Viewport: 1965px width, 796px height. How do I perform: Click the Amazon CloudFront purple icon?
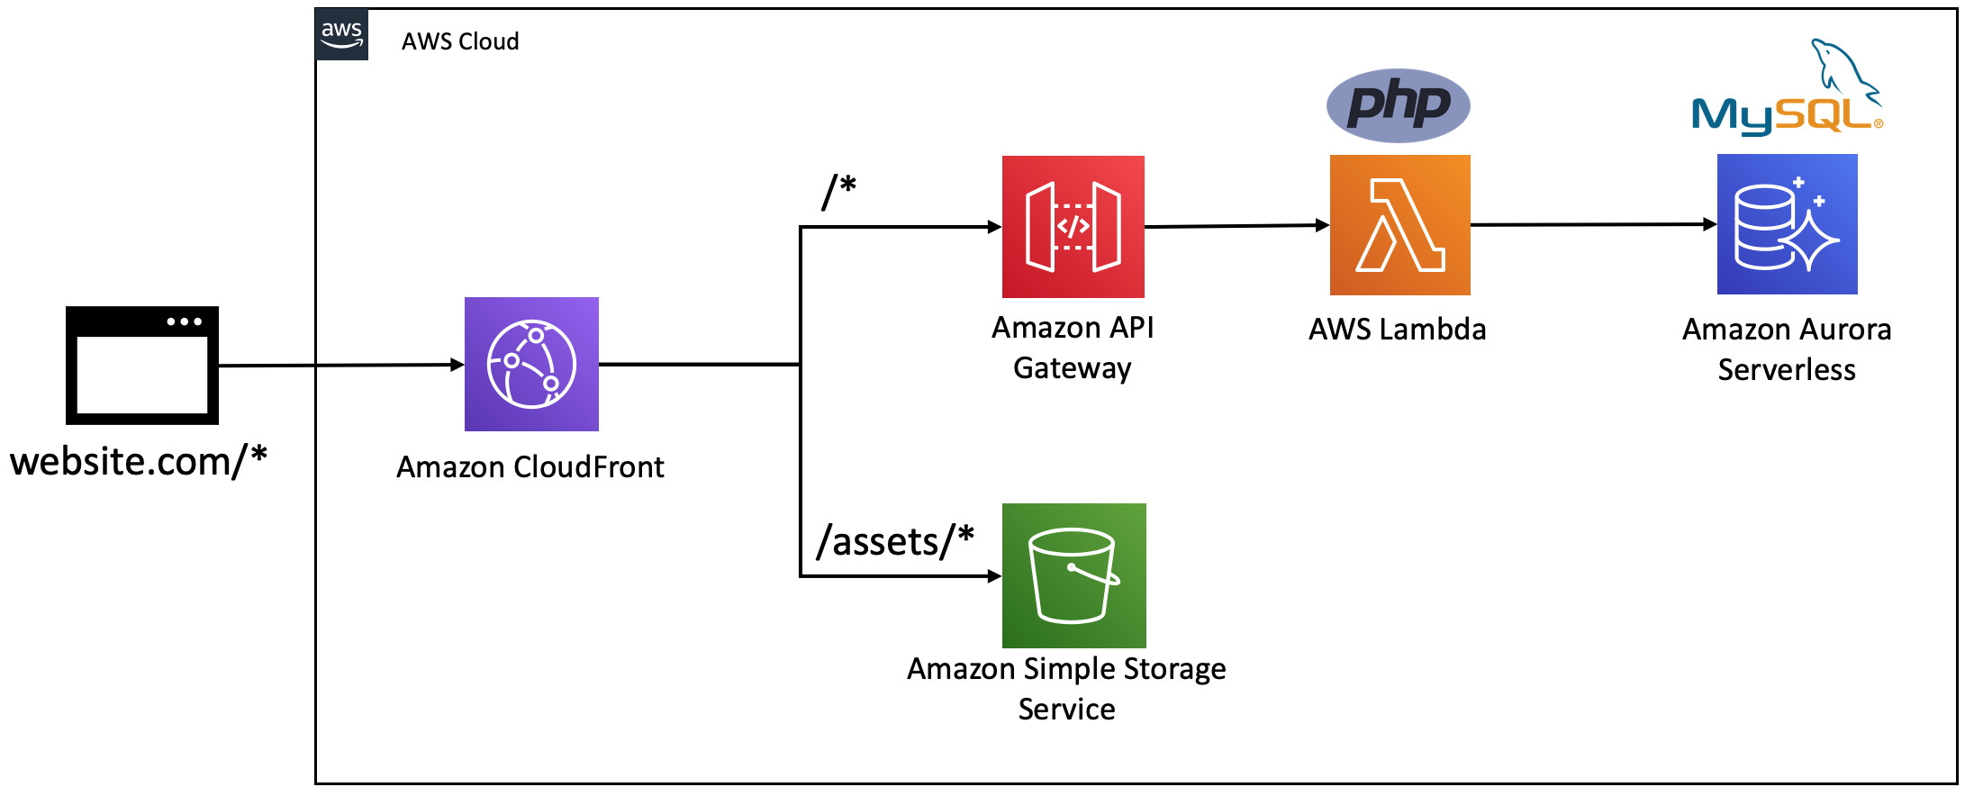click(531, 364)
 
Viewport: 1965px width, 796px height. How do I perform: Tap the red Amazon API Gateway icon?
click(1073, 227)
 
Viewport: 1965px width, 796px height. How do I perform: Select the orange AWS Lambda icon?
click(1400, 225)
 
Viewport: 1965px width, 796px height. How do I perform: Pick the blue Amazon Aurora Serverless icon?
click(1788, 224)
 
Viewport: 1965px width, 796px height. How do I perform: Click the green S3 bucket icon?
click(1074, 575)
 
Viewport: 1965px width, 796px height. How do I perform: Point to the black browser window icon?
click(142, 365)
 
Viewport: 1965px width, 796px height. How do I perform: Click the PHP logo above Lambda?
click(1399, 105)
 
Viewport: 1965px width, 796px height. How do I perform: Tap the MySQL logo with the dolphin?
click(1788, 87)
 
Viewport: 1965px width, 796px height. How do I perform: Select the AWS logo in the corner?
click(342, 35)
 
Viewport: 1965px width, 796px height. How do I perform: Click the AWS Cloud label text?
click(460, 41)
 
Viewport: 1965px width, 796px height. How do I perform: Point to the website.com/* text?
click(139, 461)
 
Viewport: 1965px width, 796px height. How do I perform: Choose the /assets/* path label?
click(895, 541)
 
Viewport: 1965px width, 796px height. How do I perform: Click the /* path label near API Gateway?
click(838, 192)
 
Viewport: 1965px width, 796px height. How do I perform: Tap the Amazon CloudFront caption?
click(530, 467)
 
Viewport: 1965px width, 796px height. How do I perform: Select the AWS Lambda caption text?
click(1398, 330)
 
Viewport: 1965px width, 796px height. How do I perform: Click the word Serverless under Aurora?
click(1787, 370)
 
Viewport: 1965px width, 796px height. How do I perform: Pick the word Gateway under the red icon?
click(1073, 369)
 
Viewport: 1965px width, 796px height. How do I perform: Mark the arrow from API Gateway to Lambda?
click(1237, 226)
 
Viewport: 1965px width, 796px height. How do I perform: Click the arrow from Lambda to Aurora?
click(1594, 224)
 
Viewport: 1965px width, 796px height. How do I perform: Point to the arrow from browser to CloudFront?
click(341, 366)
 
